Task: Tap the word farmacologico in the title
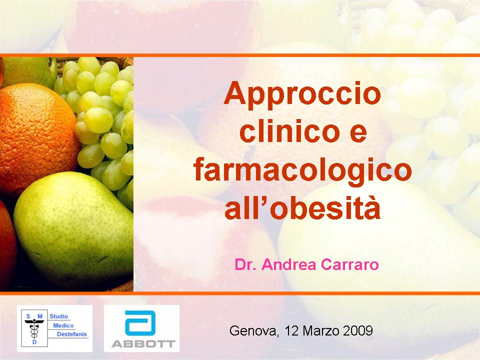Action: tap(303, 170)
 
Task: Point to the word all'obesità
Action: tap(302, 208)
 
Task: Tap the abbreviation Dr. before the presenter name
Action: tap(246, 265)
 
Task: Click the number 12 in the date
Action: tap(291, 331)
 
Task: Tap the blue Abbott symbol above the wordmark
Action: tap(140, 323)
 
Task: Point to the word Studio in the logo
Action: tap(59, 316)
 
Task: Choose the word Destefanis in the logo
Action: tap(72, 334)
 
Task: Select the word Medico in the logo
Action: tap(63, 325)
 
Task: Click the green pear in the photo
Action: tap(73, 229)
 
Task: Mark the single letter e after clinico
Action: tap(358, 134)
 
